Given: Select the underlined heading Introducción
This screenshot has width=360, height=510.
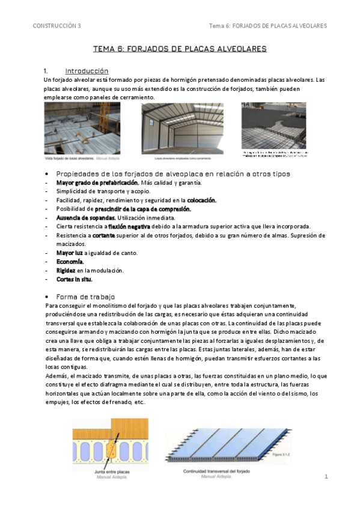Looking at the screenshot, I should pos(87,70).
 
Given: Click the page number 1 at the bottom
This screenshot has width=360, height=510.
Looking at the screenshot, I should pos(326,477).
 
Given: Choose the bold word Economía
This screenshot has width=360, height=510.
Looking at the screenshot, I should pos(70,262).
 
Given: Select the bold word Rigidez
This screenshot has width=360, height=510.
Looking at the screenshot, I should pos(66,271).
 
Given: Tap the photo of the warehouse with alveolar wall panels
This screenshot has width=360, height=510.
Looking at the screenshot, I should pos(182,129).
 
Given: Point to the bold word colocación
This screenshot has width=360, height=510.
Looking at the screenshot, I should pos(202,200).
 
